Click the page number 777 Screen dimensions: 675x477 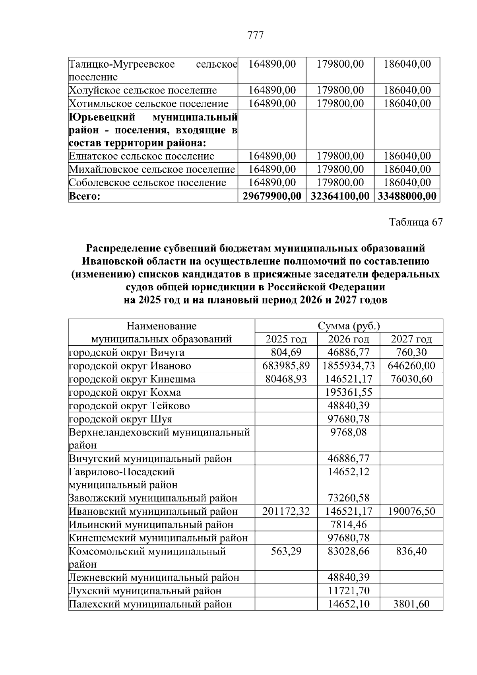255,35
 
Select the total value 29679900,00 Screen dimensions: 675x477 272,196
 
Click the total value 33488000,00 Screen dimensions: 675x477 407,196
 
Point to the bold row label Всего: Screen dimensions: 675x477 85,196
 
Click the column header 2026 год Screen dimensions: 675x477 348,339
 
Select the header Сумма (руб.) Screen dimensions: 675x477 349,326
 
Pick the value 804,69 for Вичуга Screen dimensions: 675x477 286,352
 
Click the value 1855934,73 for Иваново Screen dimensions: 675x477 349,366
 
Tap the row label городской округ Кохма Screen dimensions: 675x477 125,392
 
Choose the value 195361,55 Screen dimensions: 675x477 349,392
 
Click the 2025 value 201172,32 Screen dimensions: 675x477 286,511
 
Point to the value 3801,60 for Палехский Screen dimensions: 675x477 411,604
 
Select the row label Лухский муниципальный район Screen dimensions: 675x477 145,591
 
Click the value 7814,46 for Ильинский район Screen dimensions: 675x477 349,524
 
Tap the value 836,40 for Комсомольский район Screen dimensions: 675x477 411,551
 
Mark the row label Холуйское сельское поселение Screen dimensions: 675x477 143,90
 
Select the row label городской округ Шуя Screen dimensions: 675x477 120,419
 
